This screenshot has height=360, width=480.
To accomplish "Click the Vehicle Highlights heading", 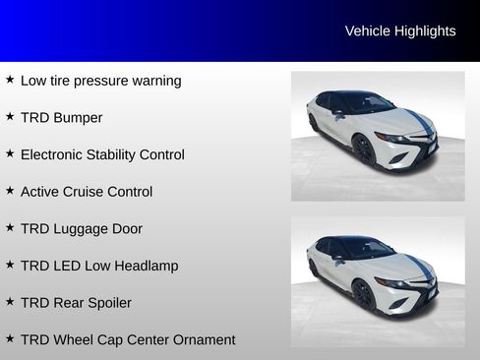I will click(x=400, y=31).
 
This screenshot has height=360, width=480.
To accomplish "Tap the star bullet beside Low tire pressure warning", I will click(x=10, y=80).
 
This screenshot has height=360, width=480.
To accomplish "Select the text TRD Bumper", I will click(x=61, y=118).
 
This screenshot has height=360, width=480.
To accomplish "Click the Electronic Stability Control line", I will click(x=102, y=154).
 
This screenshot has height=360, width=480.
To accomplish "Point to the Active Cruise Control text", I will click(x=87, y=192).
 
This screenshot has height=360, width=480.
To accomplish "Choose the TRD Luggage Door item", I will click(x=82, y=228).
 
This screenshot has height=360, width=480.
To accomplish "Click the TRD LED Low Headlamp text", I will click(x=99, y=266).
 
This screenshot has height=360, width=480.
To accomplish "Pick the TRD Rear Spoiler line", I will click(x=76, y=303).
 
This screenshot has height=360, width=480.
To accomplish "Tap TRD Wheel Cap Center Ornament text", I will click(x=128, y=339).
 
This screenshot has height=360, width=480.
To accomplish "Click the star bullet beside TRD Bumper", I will click(x=10, y=117).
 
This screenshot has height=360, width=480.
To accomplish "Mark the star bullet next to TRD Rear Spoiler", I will click(x=10, y=302).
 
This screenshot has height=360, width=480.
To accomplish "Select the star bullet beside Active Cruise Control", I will click(x=10, y=191).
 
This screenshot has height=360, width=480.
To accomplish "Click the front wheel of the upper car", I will click(x=363, y=150).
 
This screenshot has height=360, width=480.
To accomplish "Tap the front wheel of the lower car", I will click(x=363, y=294).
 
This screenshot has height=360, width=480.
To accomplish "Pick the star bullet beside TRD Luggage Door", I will click(x=10, y=227).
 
